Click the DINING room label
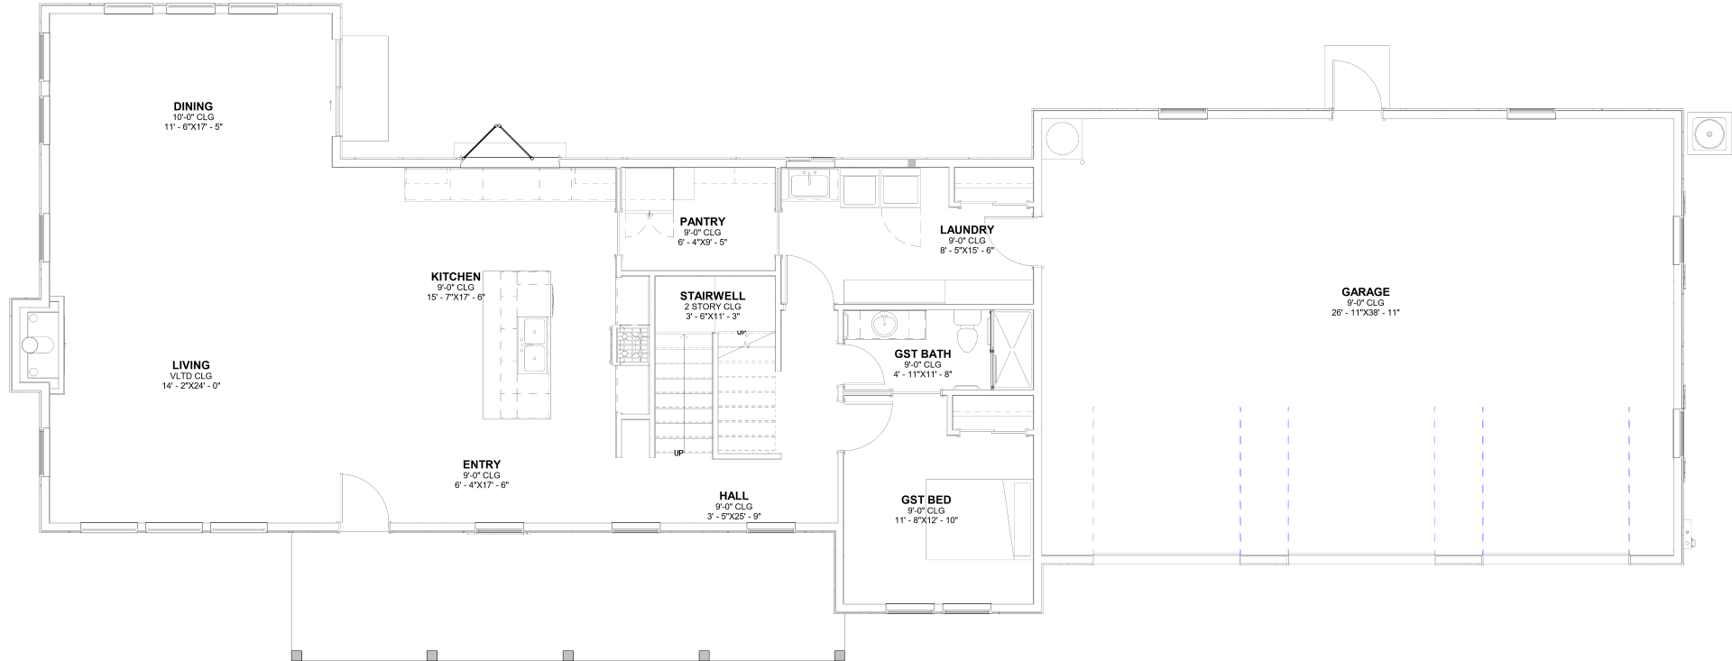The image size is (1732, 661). [193, 106]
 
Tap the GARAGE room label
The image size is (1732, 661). [1365, 292]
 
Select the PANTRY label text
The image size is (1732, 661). [702, 222]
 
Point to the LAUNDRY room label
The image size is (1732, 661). [966, 230]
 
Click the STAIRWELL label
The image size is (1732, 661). [712, 296]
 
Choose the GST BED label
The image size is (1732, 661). [926, 500]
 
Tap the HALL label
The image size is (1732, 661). [733, 496]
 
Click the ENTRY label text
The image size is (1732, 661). [482, 465]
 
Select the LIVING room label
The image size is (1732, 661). [190, 365]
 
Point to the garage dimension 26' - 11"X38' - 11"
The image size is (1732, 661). [1365, 313]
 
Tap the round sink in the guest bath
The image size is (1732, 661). [884, 324]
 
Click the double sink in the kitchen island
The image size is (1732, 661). [533, 345]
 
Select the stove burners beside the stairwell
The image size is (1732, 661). [631, 345]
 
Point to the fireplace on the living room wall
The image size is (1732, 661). [32, 345]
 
